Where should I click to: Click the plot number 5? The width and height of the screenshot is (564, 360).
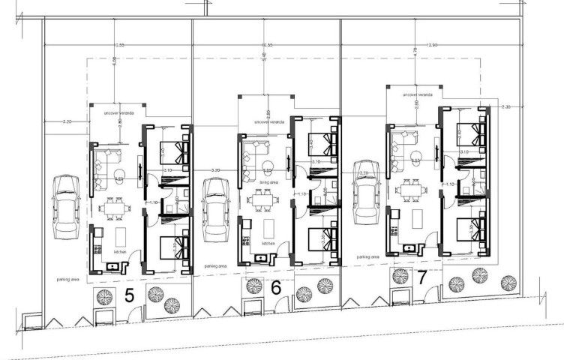coord(129,295)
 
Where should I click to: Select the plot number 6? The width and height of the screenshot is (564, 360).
coord(276,288)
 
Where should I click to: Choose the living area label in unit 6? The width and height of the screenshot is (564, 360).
coord(269,181)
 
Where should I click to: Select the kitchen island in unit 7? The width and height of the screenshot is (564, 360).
coord(418,219)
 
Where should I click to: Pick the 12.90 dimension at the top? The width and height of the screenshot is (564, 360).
coord(430,46)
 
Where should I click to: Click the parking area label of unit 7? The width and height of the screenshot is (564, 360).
coord(368,256)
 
